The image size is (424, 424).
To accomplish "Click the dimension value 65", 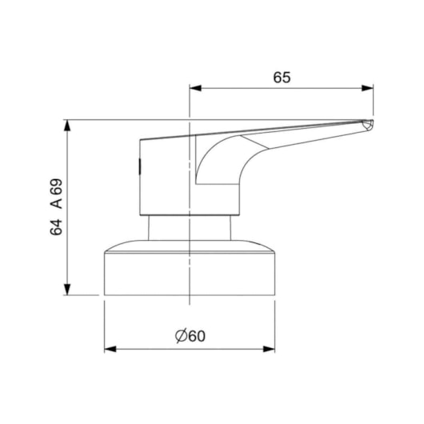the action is (282, 78).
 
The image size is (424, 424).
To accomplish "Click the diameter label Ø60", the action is (190, 336).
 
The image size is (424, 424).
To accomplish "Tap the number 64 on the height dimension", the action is (56, 227).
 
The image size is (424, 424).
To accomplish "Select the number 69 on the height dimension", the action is (56, 187).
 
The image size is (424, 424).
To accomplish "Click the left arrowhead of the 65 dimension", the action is (195, 88).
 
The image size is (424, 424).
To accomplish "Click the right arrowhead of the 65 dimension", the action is (367, 88).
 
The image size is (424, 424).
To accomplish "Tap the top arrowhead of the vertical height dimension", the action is (67, 126).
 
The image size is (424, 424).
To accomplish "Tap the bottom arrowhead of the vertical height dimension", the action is (67, 290).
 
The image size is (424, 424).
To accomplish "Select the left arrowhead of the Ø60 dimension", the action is (110, 349).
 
